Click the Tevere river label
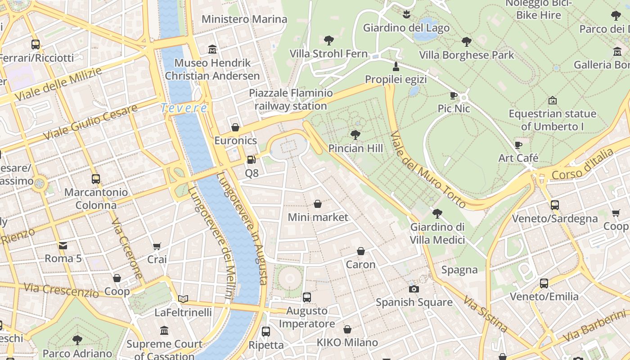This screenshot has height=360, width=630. (184, 108)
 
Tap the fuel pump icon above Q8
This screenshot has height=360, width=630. (252, 159)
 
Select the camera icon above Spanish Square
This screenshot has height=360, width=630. (414, 289)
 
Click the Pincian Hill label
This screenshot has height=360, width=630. (355, 148)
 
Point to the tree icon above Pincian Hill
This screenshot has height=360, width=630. (355, 135)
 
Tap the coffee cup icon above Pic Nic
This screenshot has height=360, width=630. (454, 95)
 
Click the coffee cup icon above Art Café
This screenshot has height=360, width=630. (518, 145)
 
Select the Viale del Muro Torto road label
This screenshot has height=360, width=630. (427, 170)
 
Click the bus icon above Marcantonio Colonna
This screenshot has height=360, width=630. (95, 179)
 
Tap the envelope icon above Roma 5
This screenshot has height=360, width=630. (63, 245)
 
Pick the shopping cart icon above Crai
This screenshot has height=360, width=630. (157, 246)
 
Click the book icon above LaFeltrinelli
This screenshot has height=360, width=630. (183, 299)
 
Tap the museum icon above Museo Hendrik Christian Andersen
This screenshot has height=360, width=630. (212, 49)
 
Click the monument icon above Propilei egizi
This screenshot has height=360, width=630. (396, 67)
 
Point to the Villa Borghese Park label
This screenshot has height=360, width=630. (466, 55)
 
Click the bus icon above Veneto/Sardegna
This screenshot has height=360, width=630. (554, 205)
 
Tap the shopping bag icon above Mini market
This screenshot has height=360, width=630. (318, 204)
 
